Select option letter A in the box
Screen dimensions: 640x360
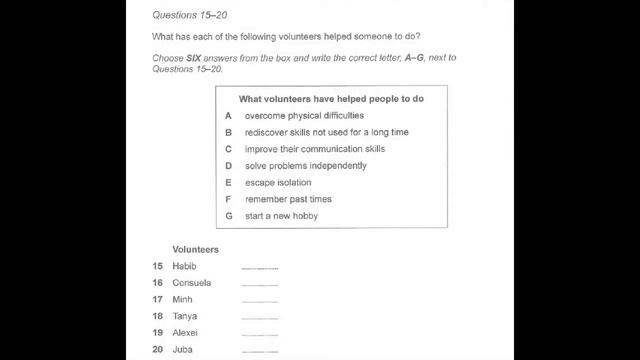point(229,116)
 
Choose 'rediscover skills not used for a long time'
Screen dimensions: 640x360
point(326,132)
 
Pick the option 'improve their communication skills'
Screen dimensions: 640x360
point(314,149)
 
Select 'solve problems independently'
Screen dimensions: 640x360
point(305,166)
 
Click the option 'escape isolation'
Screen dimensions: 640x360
point(278,183)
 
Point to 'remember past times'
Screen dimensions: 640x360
point(288,199)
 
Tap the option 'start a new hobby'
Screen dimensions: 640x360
point(281,216)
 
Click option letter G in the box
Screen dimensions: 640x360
point(229,216)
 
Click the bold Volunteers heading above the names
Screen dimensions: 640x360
point(196,250)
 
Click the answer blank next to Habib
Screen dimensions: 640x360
point(260,268)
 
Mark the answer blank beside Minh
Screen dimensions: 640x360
point(260,301)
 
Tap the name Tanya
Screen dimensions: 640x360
point(185,316)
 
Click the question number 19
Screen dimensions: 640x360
point(158,332)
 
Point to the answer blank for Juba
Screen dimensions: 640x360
point(260,351)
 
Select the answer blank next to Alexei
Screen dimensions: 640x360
point(260,334)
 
